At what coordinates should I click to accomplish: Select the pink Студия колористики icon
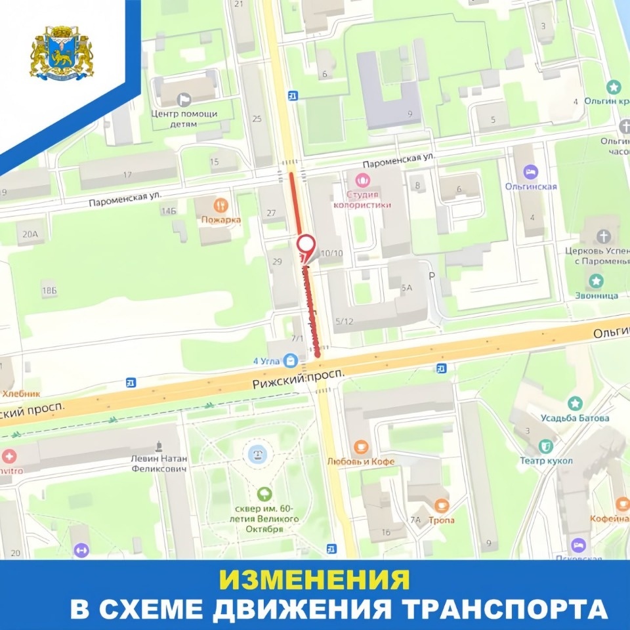coord(362,178)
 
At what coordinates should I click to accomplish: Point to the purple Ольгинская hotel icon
coord(530,172)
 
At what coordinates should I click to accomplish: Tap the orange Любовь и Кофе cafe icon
coord(360,447)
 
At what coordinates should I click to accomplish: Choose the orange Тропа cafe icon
coord(442,505)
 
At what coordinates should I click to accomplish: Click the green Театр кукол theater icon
coord(546,446)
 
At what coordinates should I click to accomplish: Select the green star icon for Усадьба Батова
coord(576,404)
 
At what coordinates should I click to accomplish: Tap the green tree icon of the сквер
coord(264,492)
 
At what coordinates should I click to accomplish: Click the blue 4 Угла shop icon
coord(291,360)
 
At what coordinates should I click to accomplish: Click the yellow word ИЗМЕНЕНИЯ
coord(314,579)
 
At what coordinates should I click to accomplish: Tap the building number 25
coord(257,119)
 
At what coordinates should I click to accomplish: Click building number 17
coord(127,175)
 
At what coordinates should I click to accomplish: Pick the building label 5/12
coord(344,321)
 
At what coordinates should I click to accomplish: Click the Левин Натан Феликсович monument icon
coord(158,446)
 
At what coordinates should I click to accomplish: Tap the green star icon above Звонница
coord(596,281)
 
